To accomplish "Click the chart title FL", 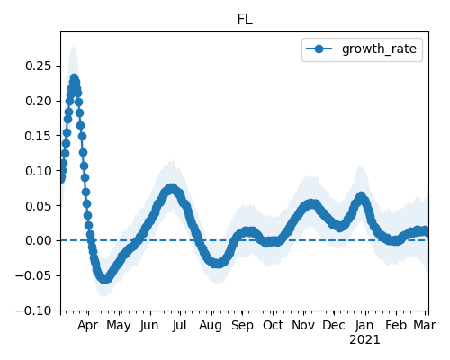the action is click(245, 20).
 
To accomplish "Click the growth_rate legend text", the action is click(379, 49).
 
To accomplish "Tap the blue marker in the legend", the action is click(319, 49).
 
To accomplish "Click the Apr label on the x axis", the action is click(88, 326).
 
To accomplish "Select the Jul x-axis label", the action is click(179, 326).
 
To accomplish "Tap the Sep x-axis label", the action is click(242, 326).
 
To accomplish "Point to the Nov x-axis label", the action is click(303, 326).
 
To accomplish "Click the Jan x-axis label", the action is click(364, 326).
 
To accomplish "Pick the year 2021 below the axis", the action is click(364, 340).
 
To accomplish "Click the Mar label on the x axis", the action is click(425, 326).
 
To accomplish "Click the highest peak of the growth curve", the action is click(74, 78).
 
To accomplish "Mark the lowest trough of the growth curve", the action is click(104, 279).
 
